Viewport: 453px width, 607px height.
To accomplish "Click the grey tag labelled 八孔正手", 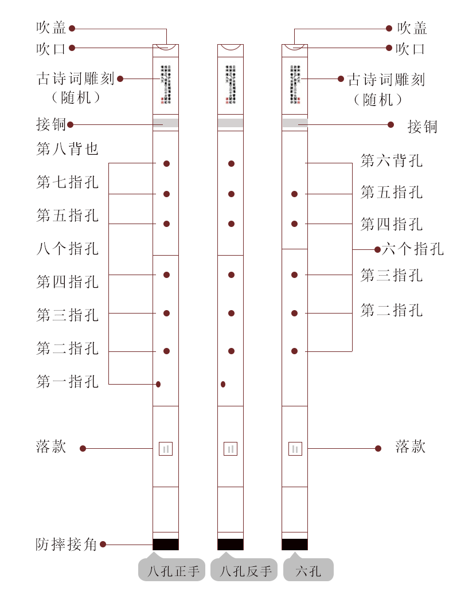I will point(172,571).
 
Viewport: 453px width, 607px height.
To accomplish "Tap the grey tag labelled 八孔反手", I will point(244,571).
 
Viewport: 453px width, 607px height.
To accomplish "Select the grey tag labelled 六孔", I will point(308,571).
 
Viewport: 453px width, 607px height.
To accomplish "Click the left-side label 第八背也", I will point(68,150).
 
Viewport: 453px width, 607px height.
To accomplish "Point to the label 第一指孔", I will point(68,382).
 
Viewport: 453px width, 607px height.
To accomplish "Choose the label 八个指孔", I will point(68,249).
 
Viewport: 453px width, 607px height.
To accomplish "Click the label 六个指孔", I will point(413,249).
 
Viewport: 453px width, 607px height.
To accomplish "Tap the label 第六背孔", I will point(392,161).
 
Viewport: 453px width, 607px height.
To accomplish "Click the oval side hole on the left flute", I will point(158,384).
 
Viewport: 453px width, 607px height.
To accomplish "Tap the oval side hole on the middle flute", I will point(223,384).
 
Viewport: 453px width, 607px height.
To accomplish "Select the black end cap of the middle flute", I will point(231,545).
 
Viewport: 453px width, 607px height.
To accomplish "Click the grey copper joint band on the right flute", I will point(295,123).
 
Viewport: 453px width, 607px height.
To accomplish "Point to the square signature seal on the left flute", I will point(166,449).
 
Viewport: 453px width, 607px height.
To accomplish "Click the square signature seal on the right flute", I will point(295,449).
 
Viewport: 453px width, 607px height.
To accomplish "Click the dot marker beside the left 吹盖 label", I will point(72,28).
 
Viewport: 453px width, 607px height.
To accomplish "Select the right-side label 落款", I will point(411,447).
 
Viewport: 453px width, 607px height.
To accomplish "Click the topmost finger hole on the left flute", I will point(166,164).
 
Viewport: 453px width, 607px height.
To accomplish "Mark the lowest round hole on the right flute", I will point(294,351).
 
